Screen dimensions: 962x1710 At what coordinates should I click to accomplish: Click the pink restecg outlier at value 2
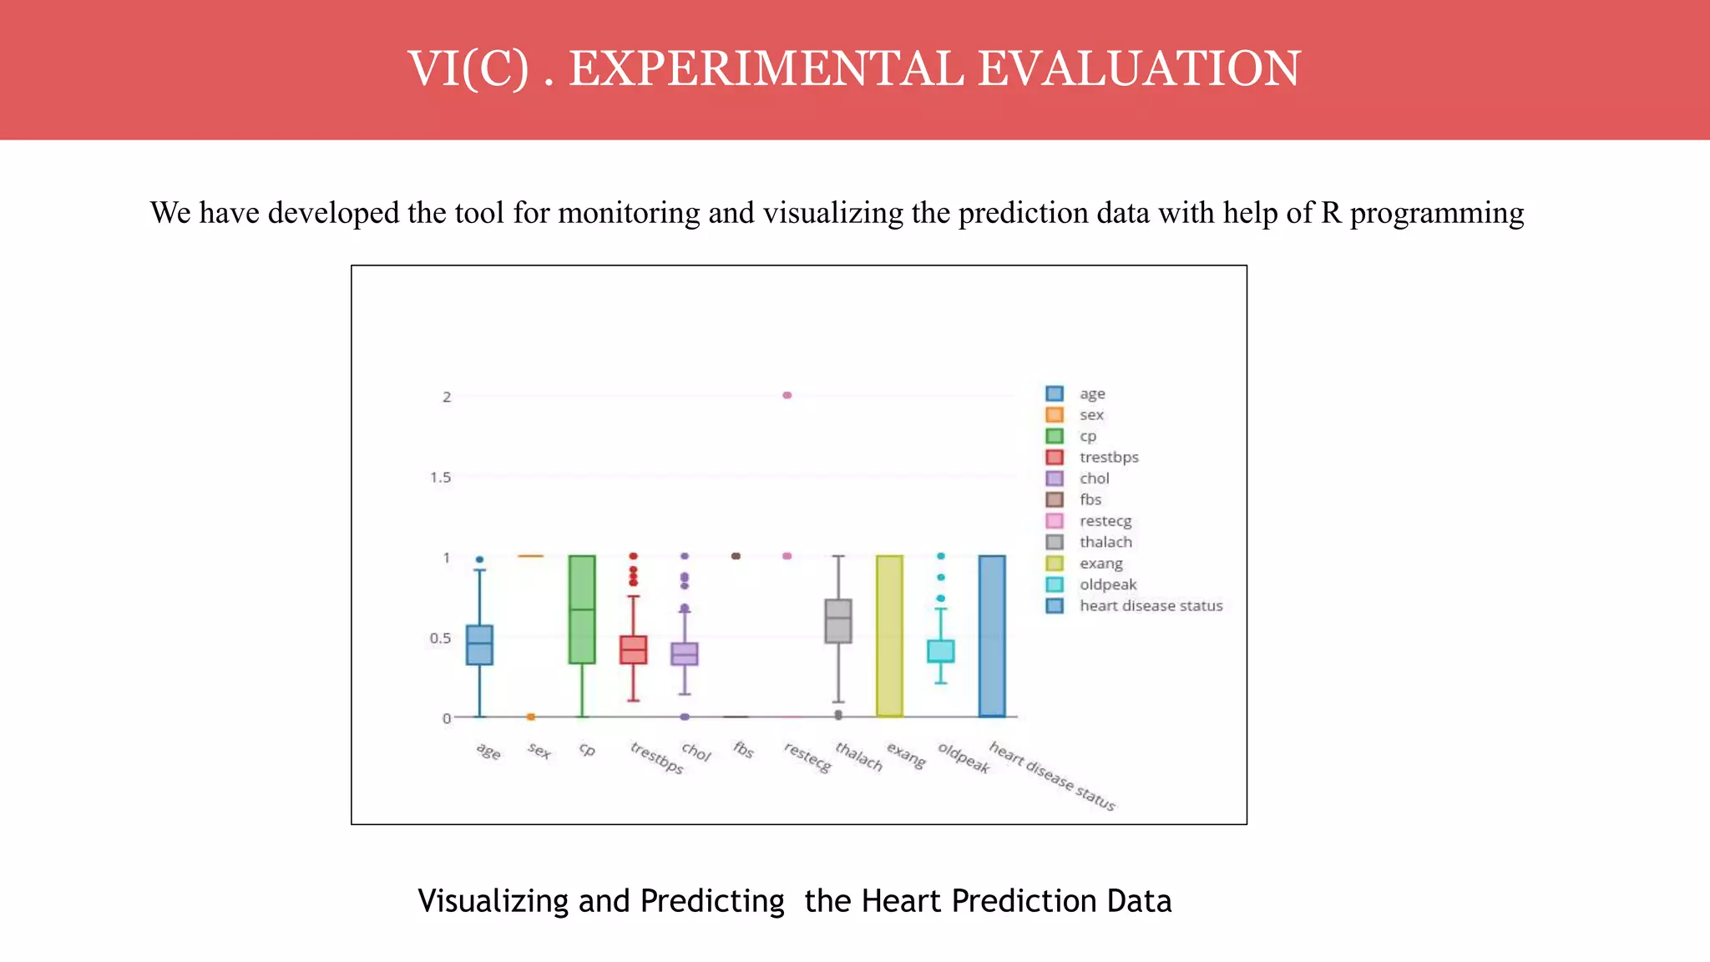click(x=787, y=395)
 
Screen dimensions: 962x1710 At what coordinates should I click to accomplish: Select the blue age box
click(x=479, y=645)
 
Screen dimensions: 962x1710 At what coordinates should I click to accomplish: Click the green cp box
click(x=582, y=610)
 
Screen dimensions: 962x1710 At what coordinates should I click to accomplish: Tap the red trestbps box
click(x=633, y=650)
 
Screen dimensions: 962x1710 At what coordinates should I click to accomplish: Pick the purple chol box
click(x=685, y=654)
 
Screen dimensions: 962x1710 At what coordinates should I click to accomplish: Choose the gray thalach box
click(x=838, y=621)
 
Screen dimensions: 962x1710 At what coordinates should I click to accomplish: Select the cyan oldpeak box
click(x=941, y=651)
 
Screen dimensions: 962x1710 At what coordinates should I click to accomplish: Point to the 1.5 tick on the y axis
click(x=440, y=478)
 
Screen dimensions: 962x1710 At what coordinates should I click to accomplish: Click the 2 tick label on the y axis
click(x=447, y=397)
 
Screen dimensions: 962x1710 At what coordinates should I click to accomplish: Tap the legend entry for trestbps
click(x=1108, y=457)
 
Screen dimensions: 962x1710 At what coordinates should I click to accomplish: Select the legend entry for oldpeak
click(x=1107, y=585)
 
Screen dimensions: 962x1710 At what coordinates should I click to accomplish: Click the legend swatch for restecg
click(x=1055, y=521)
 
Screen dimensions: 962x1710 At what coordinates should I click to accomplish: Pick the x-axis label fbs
click(x=743, y=749)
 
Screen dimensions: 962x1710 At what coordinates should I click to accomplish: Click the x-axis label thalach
click(x=858, y=757)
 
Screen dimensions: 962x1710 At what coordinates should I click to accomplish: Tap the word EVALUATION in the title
click(x=1138, y=68)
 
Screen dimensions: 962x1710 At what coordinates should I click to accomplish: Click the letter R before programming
click(x=1331, y=213)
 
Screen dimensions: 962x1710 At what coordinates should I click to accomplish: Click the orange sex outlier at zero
click(x=530, y=716)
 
